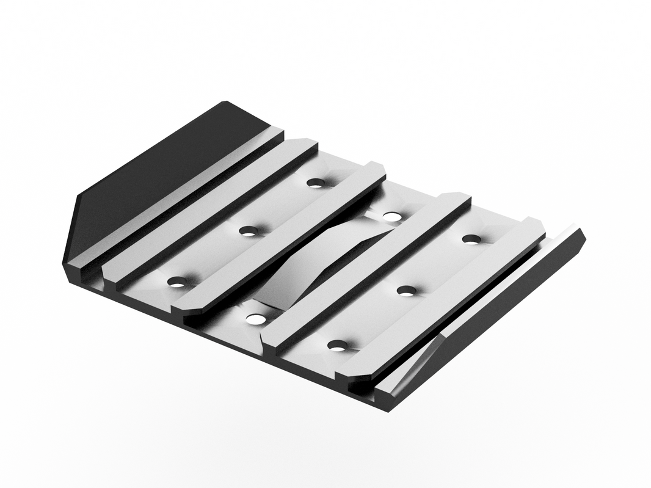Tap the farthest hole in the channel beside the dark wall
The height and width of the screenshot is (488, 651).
[315, 182]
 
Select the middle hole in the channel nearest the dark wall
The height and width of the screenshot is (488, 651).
[248, 231]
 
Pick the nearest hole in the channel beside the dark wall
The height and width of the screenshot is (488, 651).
[176, 282]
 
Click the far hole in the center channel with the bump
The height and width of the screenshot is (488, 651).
[391, 216]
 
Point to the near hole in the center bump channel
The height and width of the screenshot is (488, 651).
[255, 319]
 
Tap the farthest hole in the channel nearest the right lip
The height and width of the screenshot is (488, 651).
[470, 239]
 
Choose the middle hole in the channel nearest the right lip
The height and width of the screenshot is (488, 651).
[406, 290]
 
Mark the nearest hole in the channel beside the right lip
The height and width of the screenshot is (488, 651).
[337, 346]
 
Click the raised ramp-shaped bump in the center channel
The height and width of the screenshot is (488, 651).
[318, 263]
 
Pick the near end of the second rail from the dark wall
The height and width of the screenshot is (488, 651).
[183, 308]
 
